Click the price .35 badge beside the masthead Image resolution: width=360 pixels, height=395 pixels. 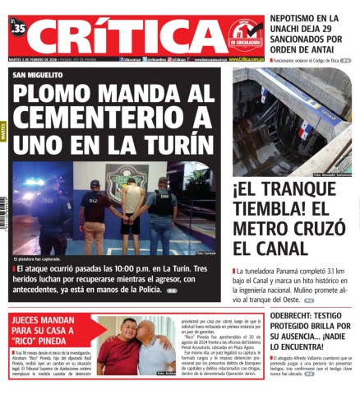(18, 28)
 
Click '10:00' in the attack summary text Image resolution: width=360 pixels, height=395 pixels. (137, 269)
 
